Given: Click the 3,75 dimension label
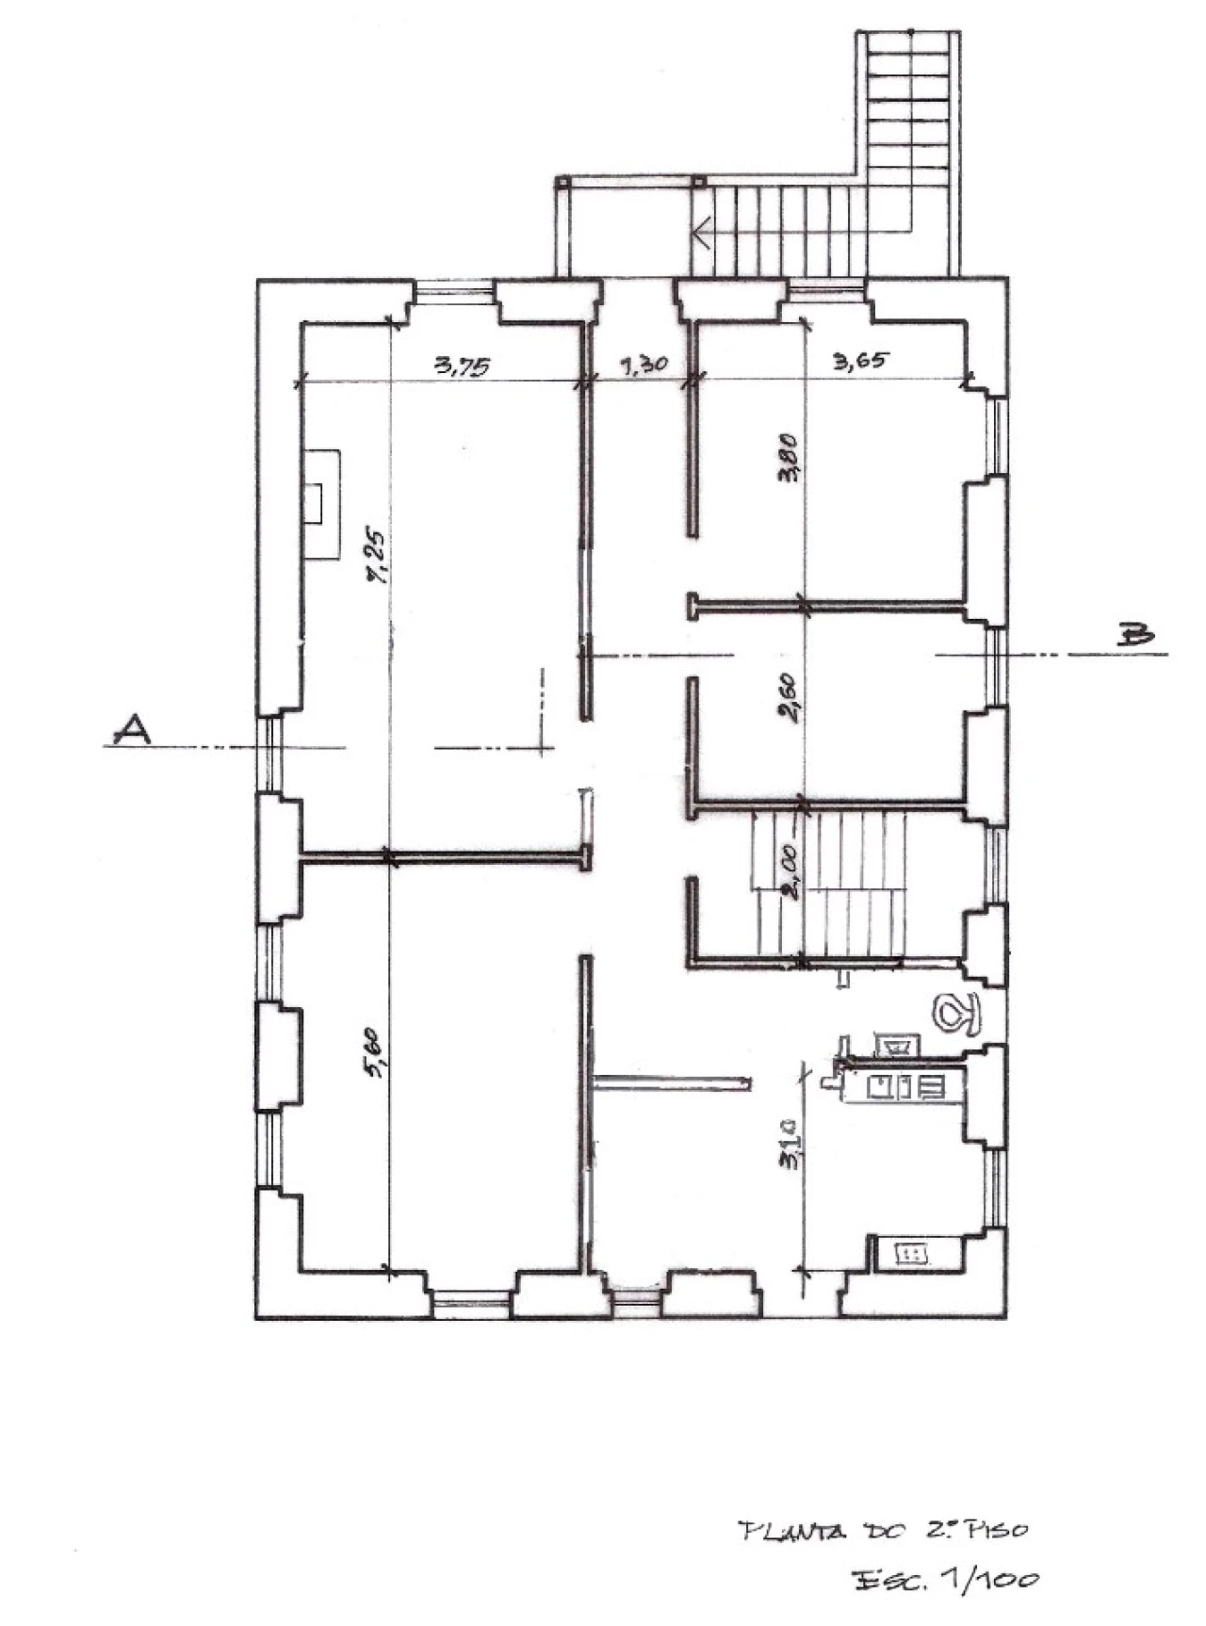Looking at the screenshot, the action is click(x=462, y=366).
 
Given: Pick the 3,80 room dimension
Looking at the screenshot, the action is click(x=789, y=457).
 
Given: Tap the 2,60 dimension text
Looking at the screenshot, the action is click(x=790, y=696).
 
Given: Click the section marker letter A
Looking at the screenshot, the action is click(x=131, y=730).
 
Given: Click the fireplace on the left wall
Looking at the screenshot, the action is click(x=320, y=504).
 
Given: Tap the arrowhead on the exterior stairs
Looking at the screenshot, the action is click(x=702, y=230).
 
